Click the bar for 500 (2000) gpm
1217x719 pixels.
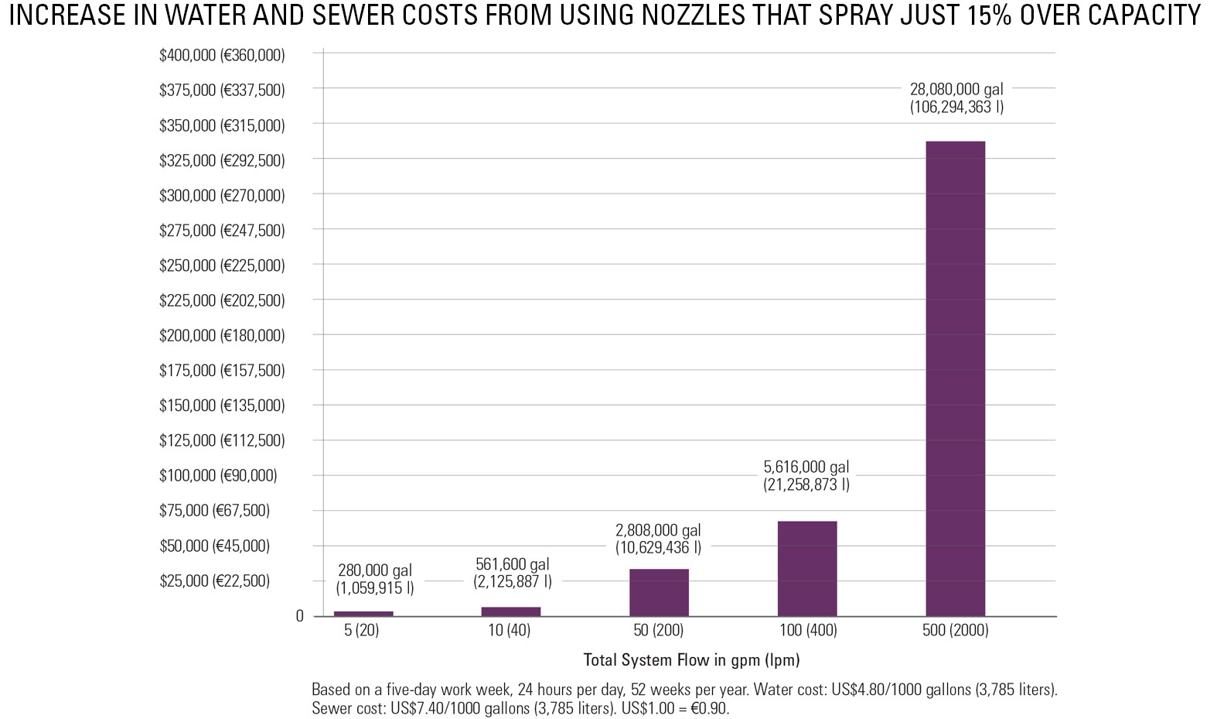[955, 378]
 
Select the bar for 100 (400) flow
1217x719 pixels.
[806, 568]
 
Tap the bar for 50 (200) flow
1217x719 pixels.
[659, 592]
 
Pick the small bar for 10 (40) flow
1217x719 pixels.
[510, 611]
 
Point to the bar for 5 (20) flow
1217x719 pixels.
[363, 614]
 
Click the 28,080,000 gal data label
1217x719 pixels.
[956, 98]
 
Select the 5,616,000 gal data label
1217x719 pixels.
[806, 476]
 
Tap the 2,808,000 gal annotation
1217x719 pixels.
[658, 539]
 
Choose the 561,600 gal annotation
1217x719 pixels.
[513, 573]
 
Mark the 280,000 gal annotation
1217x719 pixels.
[375, 579]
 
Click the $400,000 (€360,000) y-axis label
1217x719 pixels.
[222, 55]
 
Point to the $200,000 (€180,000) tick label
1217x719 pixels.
[222, 335]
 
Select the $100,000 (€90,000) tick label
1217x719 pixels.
[218, 475]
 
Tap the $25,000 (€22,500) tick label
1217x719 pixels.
[215, 580]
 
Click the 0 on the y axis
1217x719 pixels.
[300, 616]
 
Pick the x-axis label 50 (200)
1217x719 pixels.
[659, 630]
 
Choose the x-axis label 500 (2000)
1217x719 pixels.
[955, 630]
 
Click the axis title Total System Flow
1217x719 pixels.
[690, 660]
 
